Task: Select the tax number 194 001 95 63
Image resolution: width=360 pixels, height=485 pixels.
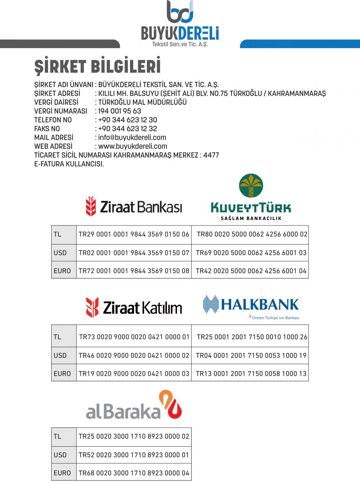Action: tap(120, 111)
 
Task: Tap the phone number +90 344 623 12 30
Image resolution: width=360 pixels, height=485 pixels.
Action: tap(128, 120)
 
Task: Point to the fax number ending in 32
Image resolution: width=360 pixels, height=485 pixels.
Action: tap(128, 129)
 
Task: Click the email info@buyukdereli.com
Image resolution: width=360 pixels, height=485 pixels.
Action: tap(132, 138)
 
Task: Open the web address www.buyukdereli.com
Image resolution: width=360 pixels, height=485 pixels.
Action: tap(133, 147)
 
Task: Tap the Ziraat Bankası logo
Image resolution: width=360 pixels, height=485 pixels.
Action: tap(134, 207)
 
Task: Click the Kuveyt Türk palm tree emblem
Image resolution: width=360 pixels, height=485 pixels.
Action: tap(251, 186)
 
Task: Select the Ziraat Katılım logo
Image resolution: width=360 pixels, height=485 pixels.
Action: tap(134, 308)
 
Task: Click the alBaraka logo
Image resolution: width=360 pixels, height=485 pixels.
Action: tap(134, 405)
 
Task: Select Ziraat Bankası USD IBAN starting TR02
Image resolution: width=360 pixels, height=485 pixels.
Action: tap(134, 253)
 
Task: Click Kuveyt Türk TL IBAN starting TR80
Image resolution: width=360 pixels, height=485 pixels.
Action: tap(252, 234)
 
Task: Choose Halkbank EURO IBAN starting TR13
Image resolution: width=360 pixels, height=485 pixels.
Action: tap(251, 374)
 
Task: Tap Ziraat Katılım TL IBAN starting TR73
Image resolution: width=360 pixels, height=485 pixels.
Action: tap(134, 337)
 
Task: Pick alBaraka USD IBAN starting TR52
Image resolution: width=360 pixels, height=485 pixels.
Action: tap(134, 455)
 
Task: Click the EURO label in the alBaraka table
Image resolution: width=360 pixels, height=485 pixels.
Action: tap(62, 473)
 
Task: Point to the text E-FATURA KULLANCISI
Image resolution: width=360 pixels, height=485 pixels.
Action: tap(69, 164)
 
